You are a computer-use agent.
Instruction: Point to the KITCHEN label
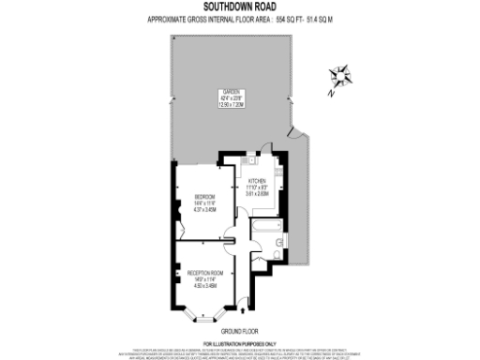[x=257, y=181]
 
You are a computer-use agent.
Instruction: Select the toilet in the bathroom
[x=280, y=246]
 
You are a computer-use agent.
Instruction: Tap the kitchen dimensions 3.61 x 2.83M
[x=257, y=194]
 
